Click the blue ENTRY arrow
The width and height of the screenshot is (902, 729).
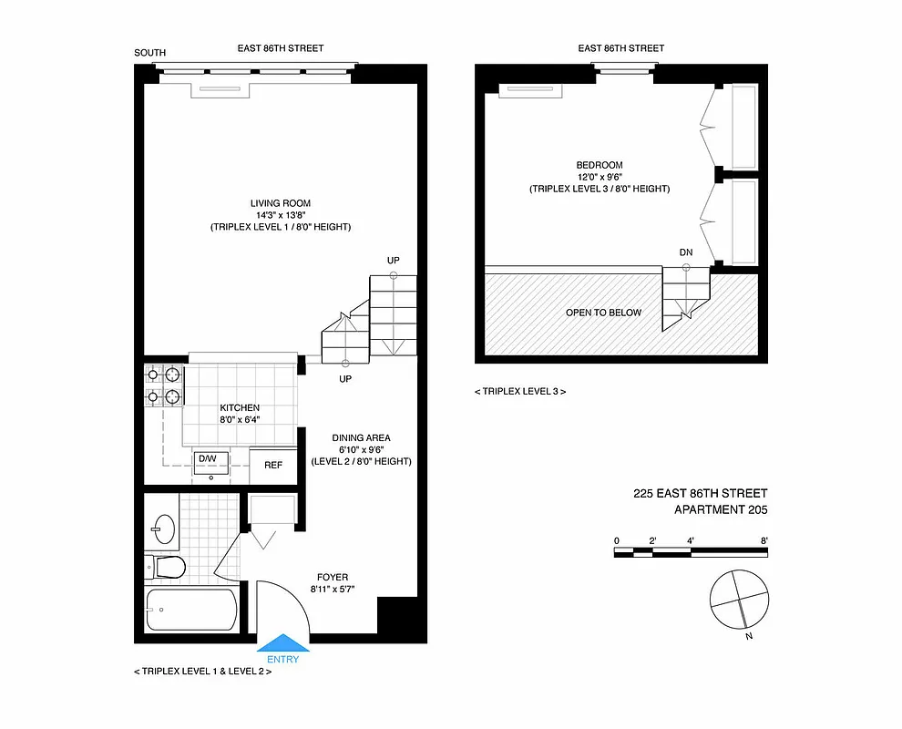point(284,644)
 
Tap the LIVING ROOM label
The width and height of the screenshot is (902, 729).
point(281,203)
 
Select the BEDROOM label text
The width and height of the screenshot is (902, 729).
point(600,165)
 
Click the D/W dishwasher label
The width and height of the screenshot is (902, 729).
point(208,458)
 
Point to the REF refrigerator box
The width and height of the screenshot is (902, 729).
point(273,465)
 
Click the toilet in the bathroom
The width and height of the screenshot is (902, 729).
point(168,567)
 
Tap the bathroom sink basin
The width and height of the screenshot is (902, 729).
point(164,527)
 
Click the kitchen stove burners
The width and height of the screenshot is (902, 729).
point(164,385)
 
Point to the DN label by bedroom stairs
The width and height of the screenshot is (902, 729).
point(686,252)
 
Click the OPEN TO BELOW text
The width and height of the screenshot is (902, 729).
point(603,313)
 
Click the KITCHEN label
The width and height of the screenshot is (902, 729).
point(240,407)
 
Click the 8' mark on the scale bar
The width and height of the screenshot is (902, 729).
point(763,541)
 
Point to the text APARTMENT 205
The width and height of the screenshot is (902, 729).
point(720,510)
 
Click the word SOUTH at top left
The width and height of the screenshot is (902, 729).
point(150,53)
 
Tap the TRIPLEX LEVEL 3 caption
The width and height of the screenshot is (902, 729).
point(520,391)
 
